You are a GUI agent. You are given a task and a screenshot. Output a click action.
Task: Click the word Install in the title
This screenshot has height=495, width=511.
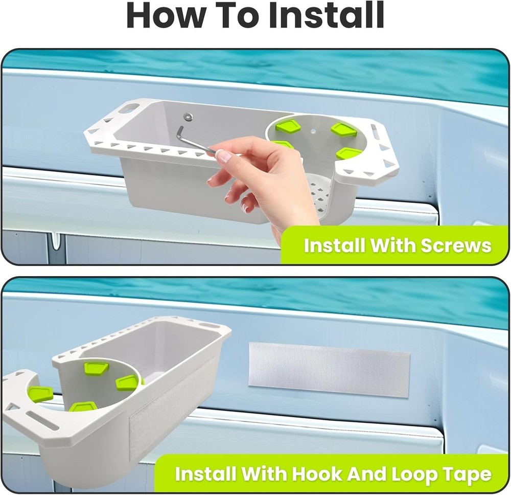click(327, 16)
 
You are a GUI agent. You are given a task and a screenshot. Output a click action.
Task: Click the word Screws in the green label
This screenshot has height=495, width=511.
click(456, 245)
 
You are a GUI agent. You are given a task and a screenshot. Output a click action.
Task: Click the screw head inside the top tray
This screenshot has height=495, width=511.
click(189, 117)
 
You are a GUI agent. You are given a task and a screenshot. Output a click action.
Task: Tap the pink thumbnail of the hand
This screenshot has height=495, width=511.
click(224, 155)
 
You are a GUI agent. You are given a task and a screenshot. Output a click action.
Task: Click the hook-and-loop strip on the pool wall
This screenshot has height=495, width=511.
click(329, 369)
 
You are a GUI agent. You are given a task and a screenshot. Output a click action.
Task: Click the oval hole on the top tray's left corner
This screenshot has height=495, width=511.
click(129, 108)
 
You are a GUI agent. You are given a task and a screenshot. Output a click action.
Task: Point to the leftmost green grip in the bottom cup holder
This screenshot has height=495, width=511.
click(40, 394)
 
